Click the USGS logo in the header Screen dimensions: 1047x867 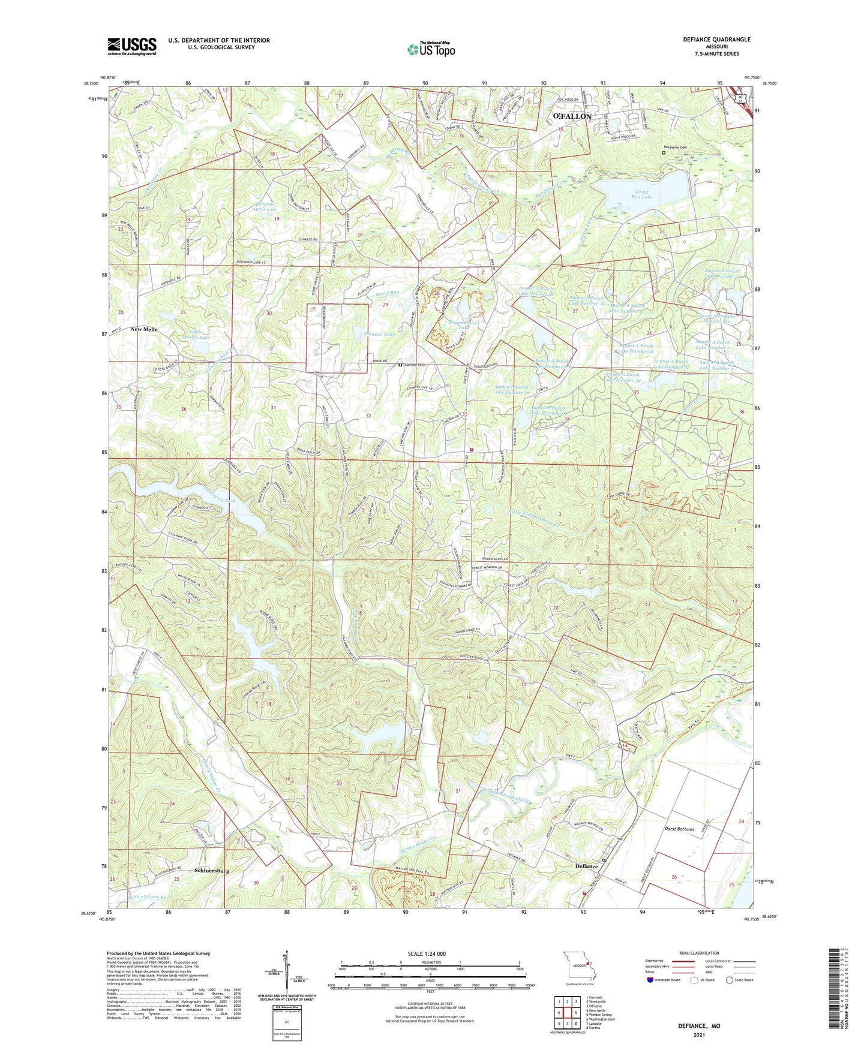(x=132, y=46)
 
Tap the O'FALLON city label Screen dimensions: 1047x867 (x=572, y=116)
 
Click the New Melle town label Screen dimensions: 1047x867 (x=144, y=330)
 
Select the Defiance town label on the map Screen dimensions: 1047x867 (x=586, y=866)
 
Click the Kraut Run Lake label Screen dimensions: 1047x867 (x=643, y=194)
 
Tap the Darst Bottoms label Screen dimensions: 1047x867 (x=679, y=829)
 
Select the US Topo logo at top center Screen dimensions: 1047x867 (x=431, y=49)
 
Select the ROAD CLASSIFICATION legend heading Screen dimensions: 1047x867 (x=698, y=953)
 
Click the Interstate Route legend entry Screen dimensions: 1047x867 (x=663, y=980)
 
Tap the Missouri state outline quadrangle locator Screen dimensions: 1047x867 (x=578, y=966)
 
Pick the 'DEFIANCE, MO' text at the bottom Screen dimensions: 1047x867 (x=699, y=1026)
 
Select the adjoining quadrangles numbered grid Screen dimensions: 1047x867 (x=568, y=1013)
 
